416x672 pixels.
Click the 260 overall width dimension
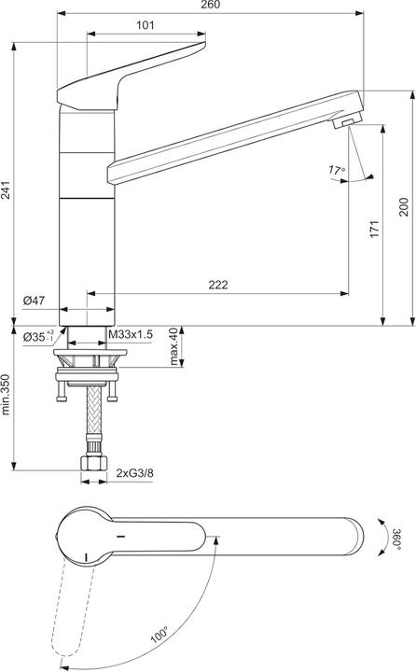coord(210,7)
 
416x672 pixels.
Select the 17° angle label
coord(337,170)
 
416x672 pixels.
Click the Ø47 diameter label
coord(34,300)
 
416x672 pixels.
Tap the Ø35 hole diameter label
coord(35,335)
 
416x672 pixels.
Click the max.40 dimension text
coord(173,346)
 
